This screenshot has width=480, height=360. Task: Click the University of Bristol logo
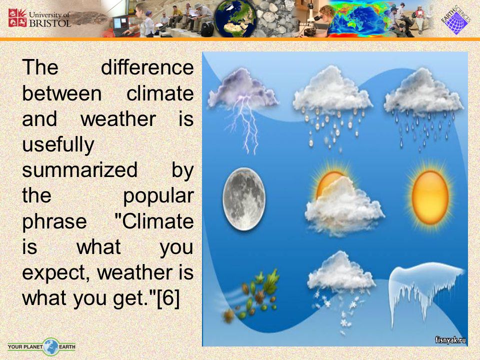point(39,18)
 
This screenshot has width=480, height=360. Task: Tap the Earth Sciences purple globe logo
point(456,20)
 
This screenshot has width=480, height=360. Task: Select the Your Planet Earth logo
point(41,347)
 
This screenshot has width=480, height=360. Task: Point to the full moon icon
point(244,198)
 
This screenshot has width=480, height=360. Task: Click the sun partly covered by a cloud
point(344,200)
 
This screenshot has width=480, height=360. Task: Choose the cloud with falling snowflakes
point(340,291)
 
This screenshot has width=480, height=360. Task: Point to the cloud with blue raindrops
point(423,107)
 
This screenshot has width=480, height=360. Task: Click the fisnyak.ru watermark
point(450,340)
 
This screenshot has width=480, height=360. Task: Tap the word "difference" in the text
point(147,67)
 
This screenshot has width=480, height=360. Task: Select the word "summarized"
point(80,170)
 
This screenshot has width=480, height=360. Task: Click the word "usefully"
point(58,145)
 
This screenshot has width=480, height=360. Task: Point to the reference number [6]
point(168,298)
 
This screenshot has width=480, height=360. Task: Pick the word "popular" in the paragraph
point(158,196)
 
